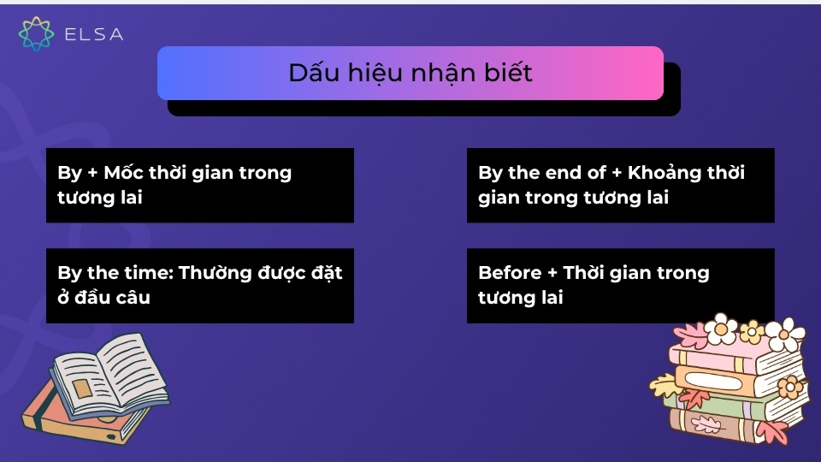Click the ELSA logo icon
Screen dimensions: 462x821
[x=36, y=33]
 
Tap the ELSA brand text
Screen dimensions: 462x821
[x=94, y=34]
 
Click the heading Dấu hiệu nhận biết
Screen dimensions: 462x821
[x=410, y=74]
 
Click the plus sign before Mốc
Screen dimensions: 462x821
[x=93, y=174]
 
